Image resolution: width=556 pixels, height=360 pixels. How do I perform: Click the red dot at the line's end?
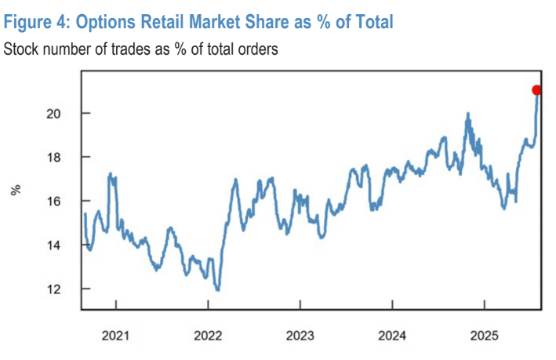pyautogui.click(x=536, y=90)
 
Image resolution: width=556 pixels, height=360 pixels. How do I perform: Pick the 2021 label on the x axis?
pyautogui.click(x=116, y=336)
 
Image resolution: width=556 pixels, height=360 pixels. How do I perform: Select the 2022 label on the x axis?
pyautogui.click(x=208, y=336)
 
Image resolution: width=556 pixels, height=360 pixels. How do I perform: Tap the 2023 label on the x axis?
pyautogui.click(x=300, y=336)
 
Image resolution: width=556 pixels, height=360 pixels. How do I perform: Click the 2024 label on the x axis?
pyautogui.click(x=391, y=336)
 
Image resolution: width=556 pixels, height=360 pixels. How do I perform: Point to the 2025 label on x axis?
pyautogui.click(x=484, y=336)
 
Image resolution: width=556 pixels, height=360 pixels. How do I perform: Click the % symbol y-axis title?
pyautogui.click(x=14, y=190)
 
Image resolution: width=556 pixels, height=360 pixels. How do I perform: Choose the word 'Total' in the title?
pyautogui.click(x=369, y=23)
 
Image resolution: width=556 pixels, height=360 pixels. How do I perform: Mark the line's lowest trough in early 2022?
pyautogui.click(x=217, y=290)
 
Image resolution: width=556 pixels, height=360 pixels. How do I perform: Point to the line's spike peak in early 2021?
pyautogui.click(x=110, y=173)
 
